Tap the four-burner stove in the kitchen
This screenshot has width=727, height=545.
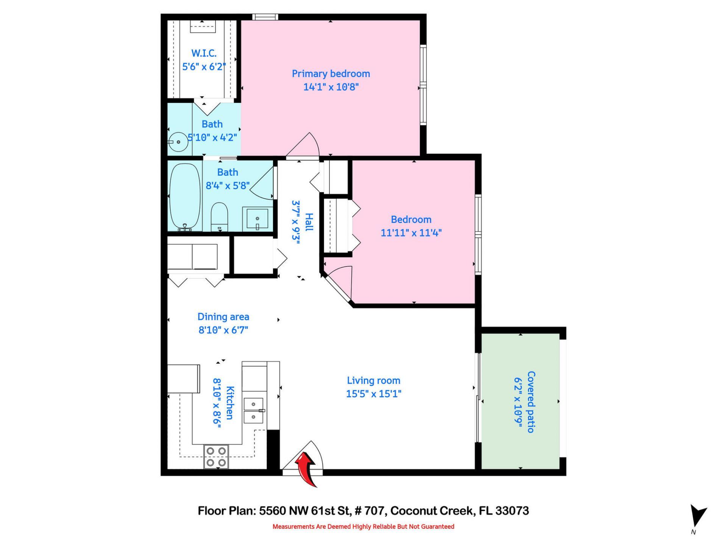point(216,456)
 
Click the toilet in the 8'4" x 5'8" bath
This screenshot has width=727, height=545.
point(219,216)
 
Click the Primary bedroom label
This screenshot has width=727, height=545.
point(331,74)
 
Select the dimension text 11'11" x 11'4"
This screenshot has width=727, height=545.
point(411,233)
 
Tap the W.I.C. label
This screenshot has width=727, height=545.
point(204,53)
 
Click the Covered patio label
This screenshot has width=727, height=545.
point(531,402)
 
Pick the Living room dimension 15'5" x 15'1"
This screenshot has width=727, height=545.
point(373,394)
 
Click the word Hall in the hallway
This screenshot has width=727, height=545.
point(309,222)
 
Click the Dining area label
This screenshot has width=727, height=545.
point(223,317)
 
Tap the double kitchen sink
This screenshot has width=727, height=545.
point(254,410)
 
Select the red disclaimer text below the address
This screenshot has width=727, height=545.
point(363,526)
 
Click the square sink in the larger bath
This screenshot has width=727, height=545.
point(257,219)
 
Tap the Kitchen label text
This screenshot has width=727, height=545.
point(230,403)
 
